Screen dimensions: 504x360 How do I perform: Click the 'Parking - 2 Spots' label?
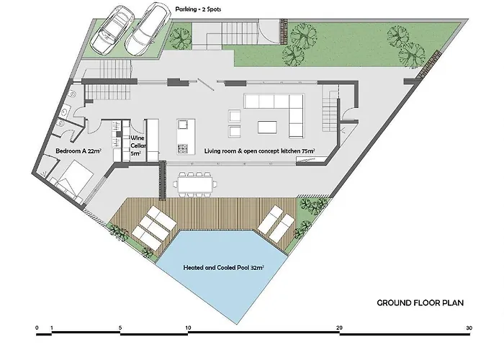[x=198, y=9]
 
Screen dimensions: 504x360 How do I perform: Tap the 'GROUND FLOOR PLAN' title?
[x=420, y=303]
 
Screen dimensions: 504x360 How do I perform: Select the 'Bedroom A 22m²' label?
[x=78, y=150]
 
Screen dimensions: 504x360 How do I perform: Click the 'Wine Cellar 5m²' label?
[x=138, y=145]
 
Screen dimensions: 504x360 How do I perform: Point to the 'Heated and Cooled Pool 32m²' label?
[x=224, y=267]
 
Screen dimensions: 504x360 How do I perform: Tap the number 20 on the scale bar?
[x=339, y=328]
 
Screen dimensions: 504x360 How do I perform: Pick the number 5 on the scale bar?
[x=120, y=328]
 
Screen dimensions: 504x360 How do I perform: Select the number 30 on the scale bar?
[x=469, y=328]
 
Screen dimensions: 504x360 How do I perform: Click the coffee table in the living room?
[x=267, y=127]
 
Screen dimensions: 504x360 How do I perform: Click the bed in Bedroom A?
[x=75, y=181]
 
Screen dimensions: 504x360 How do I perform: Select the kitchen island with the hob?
[x=186, y=137]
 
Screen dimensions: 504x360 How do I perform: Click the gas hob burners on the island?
[x=183, y=148]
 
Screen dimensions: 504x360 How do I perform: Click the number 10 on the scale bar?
[x=188, y=328]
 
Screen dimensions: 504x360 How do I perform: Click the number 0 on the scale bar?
[x=37, y=328]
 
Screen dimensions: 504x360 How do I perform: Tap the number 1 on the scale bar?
[x=52, y=328]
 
